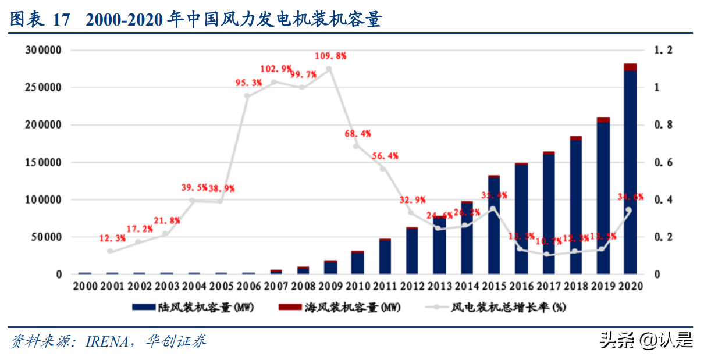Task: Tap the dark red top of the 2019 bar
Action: click(x=603, y=120)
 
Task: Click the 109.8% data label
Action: click(x=330, y=56)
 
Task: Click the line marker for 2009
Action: click(x=329, y=69)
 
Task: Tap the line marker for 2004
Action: click(x=192, y=200)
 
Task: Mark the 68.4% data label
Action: click(x=357, y=133)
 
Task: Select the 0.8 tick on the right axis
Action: click(x=663, y=125)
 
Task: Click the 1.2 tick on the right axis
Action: click(x=663, y=51)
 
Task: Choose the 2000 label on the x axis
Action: click(x=85, y=286)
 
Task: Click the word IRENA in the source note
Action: click(x=106, y=341)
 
